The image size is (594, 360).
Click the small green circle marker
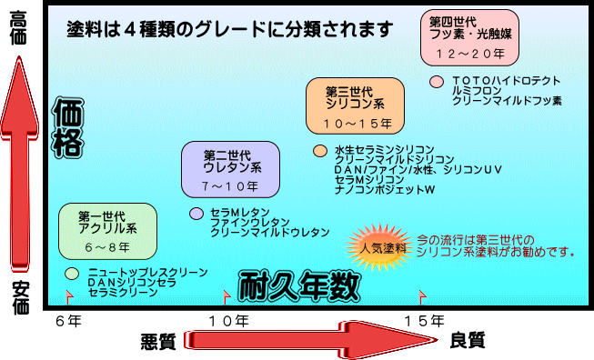tap(71, 274)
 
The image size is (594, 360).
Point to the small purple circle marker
tap(196, 213)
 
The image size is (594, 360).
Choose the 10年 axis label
tap(228, 321)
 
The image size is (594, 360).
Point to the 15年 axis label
tap(424, 321)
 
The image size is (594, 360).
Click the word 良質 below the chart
tap(467, 341)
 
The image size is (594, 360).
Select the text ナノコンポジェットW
tap(385, 191)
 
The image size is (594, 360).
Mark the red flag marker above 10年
tap(226, 295)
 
